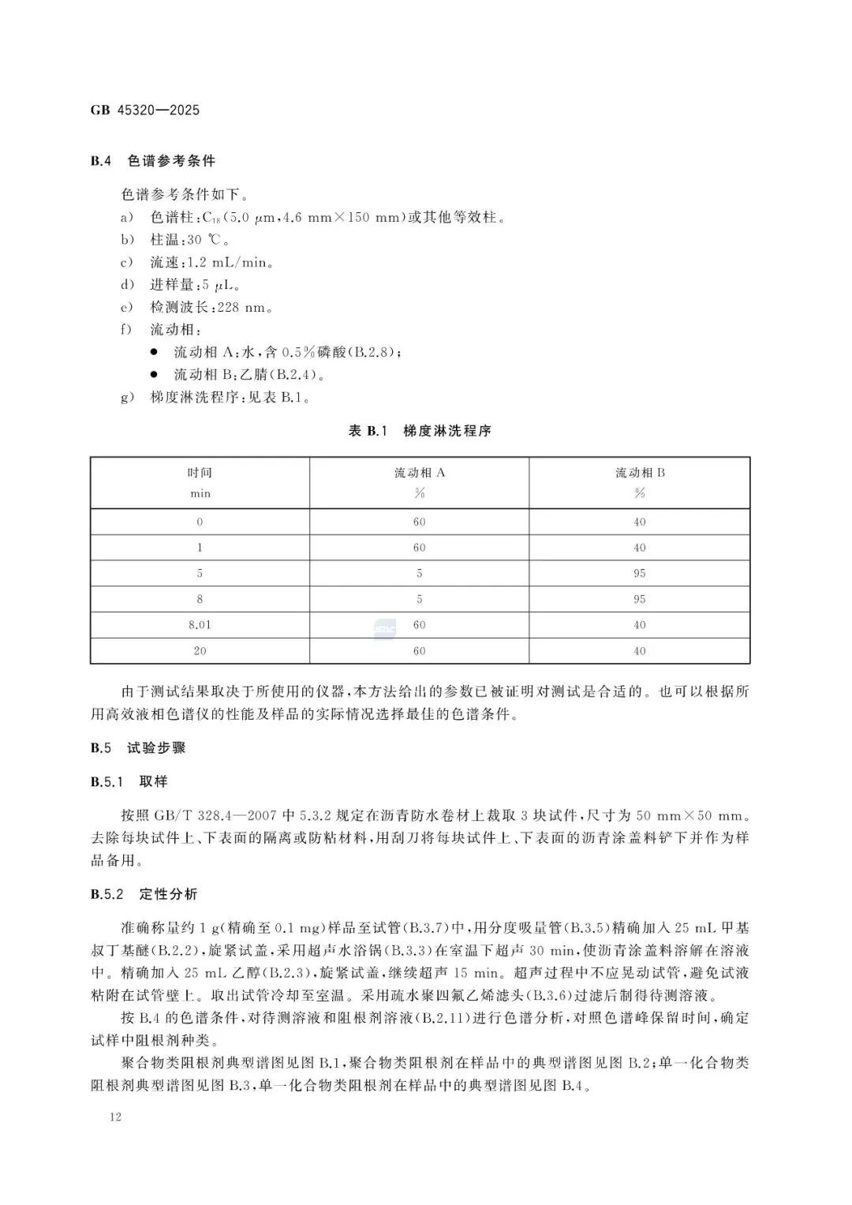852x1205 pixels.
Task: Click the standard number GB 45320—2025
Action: [x=145, y=110]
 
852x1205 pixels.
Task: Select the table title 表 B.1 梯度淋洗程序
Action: [x=420, y=431]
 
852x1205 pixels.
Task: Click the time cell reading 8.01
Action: [x=200, y=625]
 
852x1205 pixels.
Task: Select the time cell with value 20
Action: [x=200, y=651]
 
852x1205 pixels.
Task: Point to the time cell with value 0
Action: [x=200, y=522]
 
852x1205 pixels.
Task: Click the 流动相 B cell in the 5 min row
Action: [x=639, y=574]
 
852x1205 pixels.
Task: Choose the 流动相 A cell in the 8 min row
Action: [x=419, y=599]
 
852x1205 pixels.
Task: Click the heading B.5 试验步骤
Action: [x=138, y=748]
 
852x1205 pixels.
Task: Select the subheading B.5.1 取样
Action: [x=129, y=782]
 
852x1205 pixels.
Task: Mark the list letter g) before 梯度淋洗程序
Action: [x=126, y=398]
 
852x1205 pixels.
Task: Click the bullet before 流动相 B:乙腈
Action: [x=154, y=374]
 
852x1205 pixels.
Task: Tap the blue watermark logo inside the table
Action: [x=384, y=628]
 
